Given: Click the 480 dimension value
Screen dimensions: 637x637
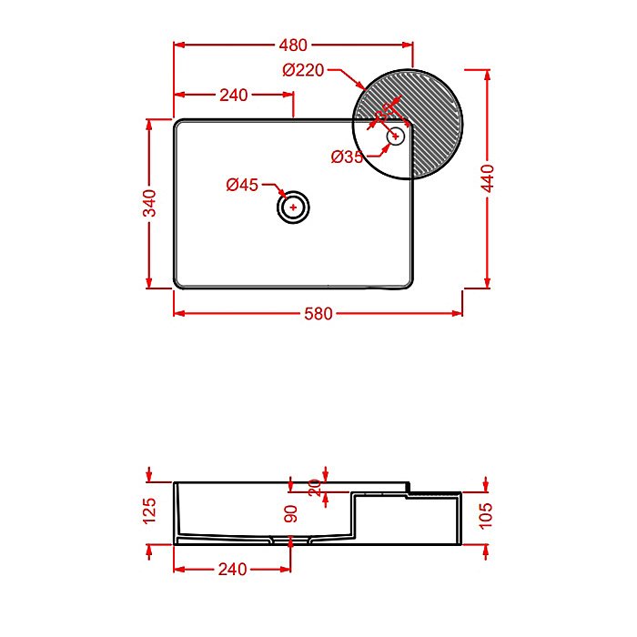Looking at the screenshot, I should point(293,45).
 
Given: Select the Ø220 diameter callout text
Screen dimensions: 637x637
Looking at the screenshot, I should point(303,70).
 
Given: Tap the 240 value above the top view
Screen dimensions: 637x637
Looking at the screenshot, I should point(234,96).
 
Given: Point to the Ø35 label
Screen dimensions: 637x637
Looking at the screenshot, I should point(347,157).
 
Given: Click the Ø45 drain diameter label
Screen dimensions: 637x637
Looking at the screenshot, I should point(242,186).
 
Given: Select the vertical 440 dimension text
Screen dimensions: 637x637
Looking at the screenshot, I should point(488,177).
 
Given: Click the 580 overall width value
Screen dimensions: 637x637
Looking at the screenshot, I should point(318,314).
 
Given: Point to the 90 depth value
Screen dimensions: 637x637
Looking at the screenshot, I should point(291,512).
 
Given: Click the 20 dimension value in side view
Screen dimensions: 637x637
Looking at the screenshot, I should point(315,487).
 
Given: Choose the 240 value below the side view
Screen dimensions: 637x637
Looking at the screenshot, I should point(232,570).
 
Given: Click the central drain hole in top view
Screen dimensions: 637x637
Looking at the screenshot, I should point(293,207).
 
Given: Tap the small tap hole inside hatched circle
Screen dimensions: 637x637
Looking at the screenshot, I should point(395,136).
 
